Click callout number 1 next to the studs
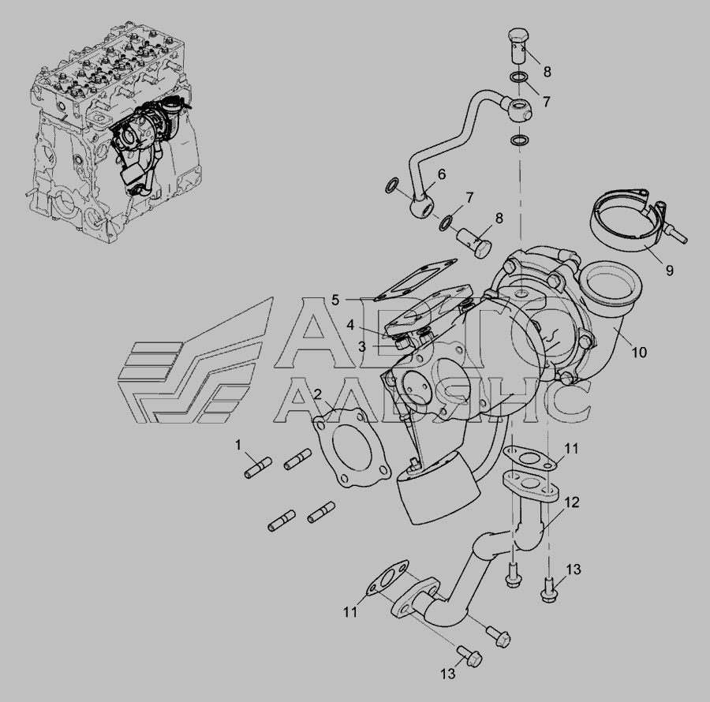pyautogui.click(x=238, y=446)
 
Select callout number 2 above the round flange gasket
pyautogui.click(x=317, y=394)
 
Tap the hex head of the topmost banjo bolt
pyautogui.click(x=519, y=35)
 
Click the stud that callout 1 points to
pyautogui.click(x=258, y=468)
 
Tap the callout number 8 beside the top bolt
pyautogui.click(x=547, y=72)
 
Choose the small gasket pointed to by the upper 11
pyautogui.click(x=529, y=457)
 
